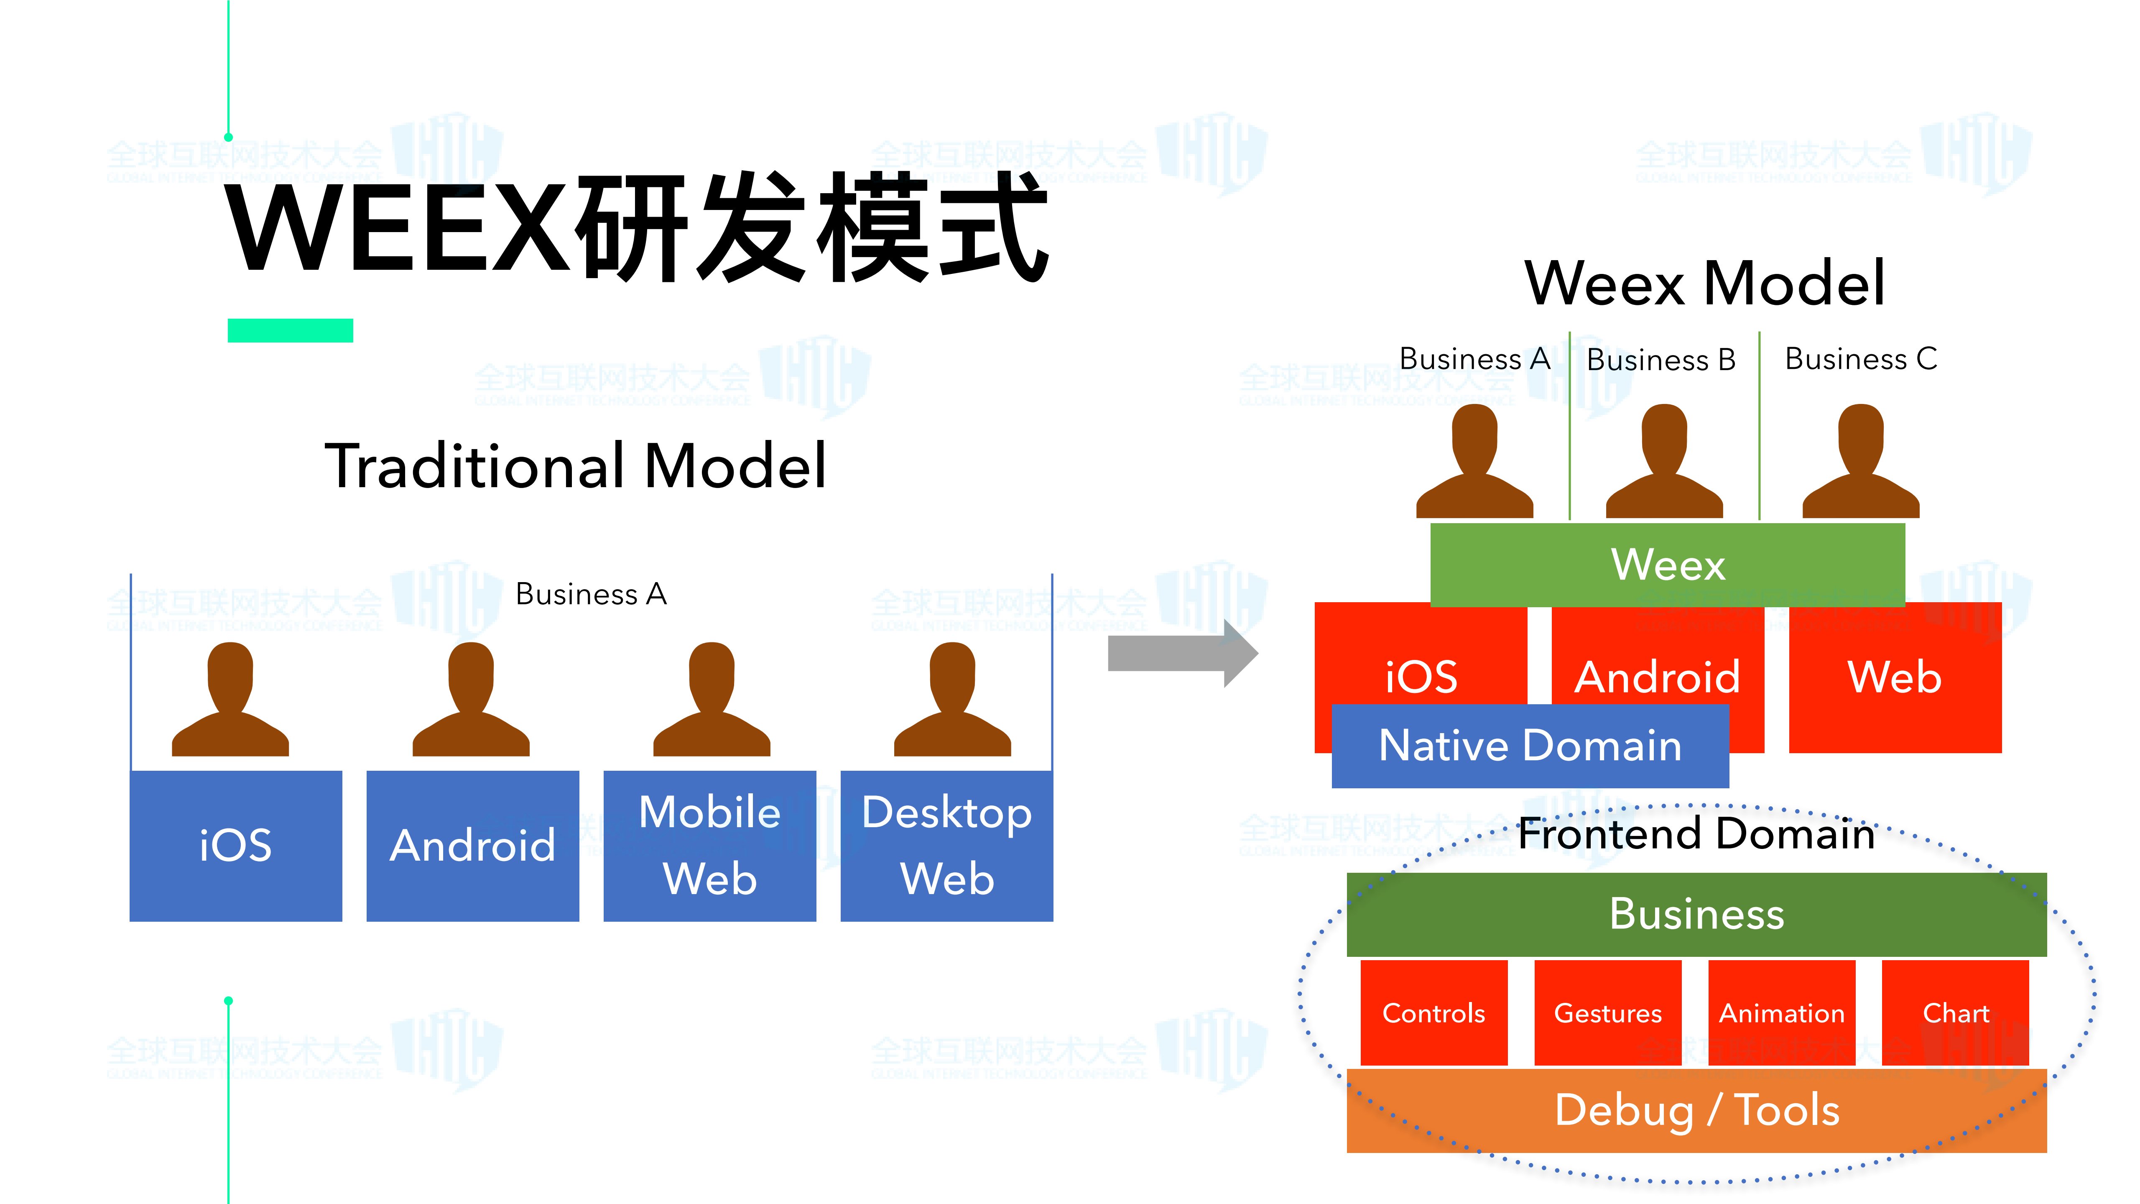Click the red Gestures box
(x=1607, y=1013)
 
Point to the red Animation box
(x=1781, y=1013)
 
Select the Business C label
(x=1861, y=359)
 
